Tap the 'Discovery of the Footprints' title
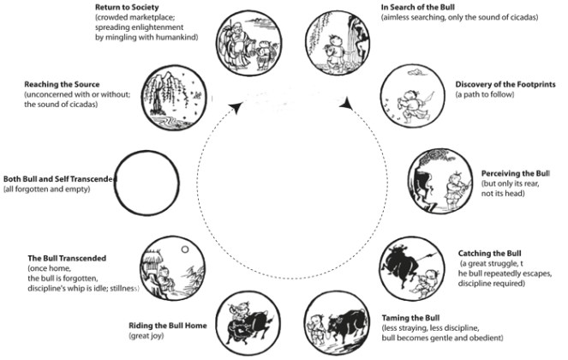[499, 84]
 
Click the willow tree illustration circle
[177, 96]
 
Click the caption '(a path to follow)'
[485, 94]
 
